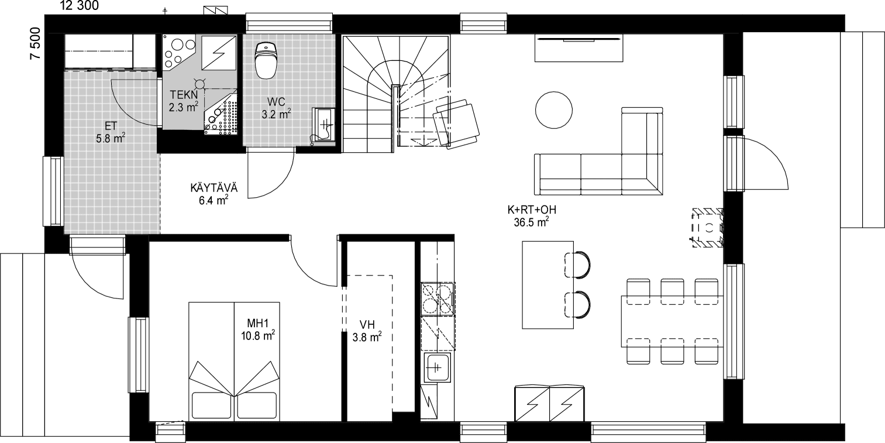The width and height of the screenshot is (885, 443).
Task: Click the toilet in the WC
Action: point(266,60)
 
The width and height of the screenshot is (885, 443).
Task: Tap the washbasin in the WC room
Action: point(323,124)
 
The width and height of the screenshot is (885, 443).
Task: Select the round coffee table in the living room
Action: point(553,110)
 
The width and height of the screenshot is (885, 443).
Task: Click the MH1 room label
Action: point(257,323)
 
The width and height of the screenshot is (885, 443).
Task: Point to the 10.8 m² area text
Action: point(258,335)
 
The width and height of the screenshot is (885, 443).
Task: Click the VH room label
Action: point(367,325)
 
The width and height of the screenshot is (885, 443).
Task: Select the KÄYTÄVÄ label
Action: point(213,188)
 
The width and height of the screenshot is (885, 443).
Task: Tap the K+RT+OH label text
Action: point(532,210)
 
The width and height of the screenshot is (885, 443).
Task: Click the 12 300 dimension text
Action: point(80,5)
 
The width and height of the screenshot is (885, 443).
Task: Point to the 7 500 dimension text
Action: point(35,43)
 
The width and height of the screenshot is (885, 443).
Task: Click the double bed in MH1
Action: point(235,361)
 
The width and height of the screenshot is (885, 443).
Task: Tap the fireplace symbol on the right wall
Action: point(707,228)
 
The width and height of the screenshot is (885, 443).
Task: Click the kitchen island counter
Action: point(547,284)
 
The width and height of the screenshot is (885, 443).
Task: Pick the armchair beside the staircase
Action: point(456,123)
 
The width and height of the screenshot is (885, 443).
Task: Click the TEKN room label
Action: point(184,94)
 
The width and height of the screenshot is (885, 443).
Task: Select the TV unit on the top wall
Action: point(579,48)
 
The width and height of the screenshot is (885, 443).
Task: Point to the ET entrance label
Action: point(111,126)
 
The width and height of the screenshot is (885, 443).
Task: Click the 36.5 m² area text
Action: point(531,222)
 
